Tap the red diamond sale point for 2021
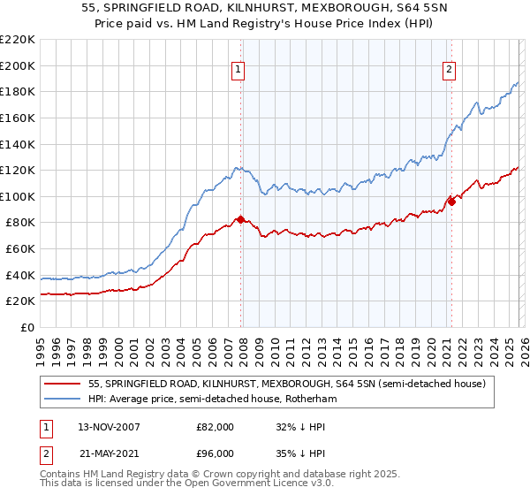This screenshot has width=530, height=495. coord(451,202)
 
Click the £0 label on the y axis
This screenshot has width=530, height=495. coord(27,328)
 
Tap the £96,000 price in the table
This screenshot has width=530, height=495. coord(216,454)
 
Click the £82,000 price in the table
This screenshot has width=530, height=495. coord(216,426)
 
